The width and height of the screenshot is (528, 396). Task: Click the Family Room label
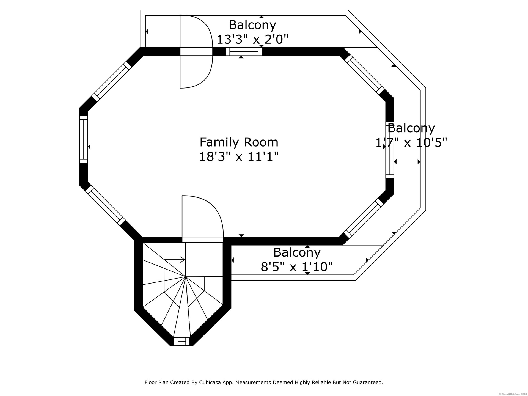[239, 142]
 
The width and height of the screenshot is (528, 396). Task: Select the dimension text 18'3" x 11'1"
[239, 157]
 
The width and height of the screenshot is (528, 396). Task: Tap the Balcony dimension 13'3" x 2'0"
[252, 39]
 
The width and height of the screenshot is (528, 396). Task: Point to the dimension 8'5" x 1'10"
[297, 266]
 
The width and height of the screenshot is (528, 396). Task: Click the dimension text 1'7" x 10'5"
[411, 142]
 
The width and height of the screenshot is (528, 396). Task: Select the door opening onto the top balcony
[196, 51]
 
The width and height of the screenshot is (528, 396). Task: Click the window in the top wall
[244, 51]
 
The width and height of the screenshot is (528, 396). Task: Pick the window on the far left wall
[84, 139]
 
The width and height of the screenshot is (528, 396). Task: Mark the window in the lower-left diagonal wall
[106, 205]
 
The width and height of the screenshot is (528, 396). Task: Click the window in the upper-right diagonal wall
[364, 74]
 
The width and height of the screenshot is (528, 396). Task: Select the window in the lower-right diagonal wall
[364, 218]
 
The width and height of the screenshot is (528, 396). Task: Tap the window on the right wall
[390, 150]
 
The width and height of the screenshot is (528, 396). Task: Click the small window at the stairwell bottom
[182, 341]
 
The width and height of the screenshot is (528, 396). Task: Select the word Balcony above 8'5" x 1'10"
[297, 252]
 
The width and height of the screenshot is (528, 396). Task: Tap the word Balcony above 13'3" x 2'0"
[252, 25]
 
